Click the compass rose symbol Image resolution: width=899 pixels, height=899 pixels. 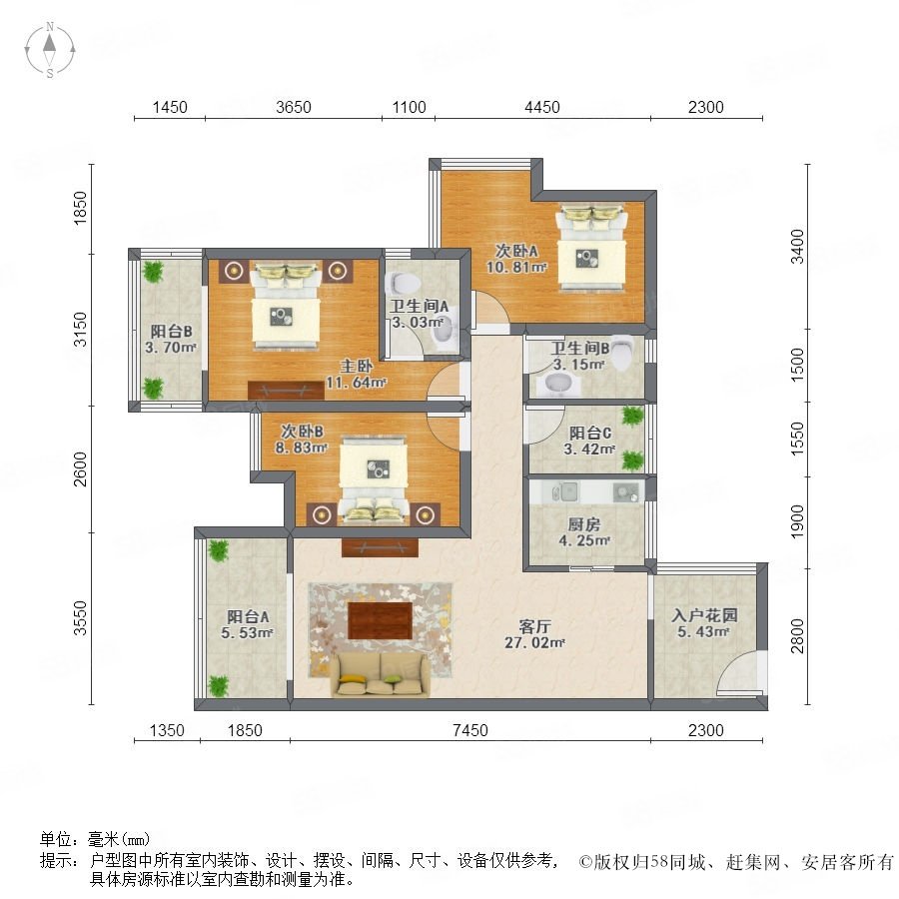50,50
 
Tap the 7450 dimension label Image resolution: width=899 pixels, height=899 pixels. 470,730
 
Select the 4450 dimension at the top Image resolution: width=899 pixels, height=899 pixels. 541,107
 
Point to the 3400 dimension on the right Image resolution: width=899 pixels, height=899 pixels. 797,247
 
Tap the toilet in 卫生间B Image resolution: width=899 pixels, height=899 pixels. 622,354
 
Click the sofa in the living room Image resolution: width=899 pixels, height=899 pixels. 380,675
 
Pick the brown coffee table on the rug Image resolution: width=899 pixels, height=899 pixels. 381,620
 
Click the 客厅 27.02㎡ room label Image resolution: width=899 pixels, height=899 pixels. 534,634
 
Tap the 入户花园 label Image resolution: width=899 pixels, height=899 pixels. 704,615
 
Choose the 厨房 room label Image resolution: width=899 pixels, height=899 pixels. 584,523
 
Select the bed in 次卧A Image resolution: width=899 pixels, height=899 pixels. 591,249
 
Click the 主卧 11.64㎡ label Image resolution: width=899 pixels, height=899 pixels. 356,374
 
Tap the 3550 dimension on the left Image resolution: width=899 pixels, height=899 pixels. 80,618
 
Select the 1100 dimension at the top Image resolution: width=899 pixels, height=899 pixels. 409,107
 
